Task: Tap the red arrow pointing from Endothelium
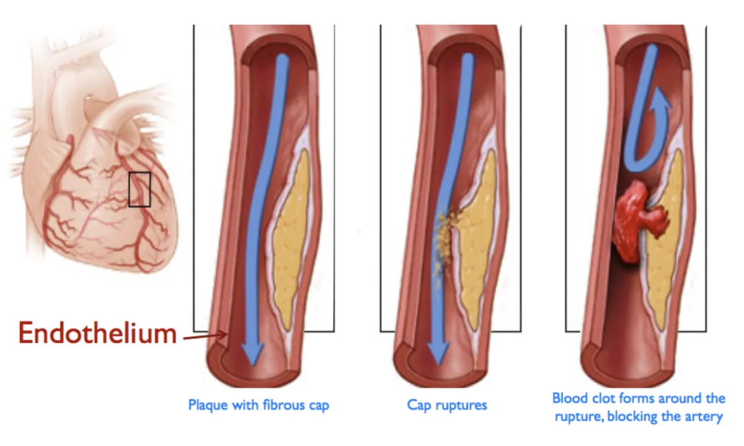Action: pos(205,337)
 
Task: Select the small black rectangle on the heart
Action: pos(139,189)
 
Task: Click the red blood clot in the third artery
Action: pos(639,217)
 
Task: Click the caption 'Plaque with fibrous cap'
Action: pos(259,405)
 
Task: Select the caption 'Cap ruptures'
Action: pos(446,405)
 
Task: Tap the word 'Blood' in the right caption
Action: pos(569,398)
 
